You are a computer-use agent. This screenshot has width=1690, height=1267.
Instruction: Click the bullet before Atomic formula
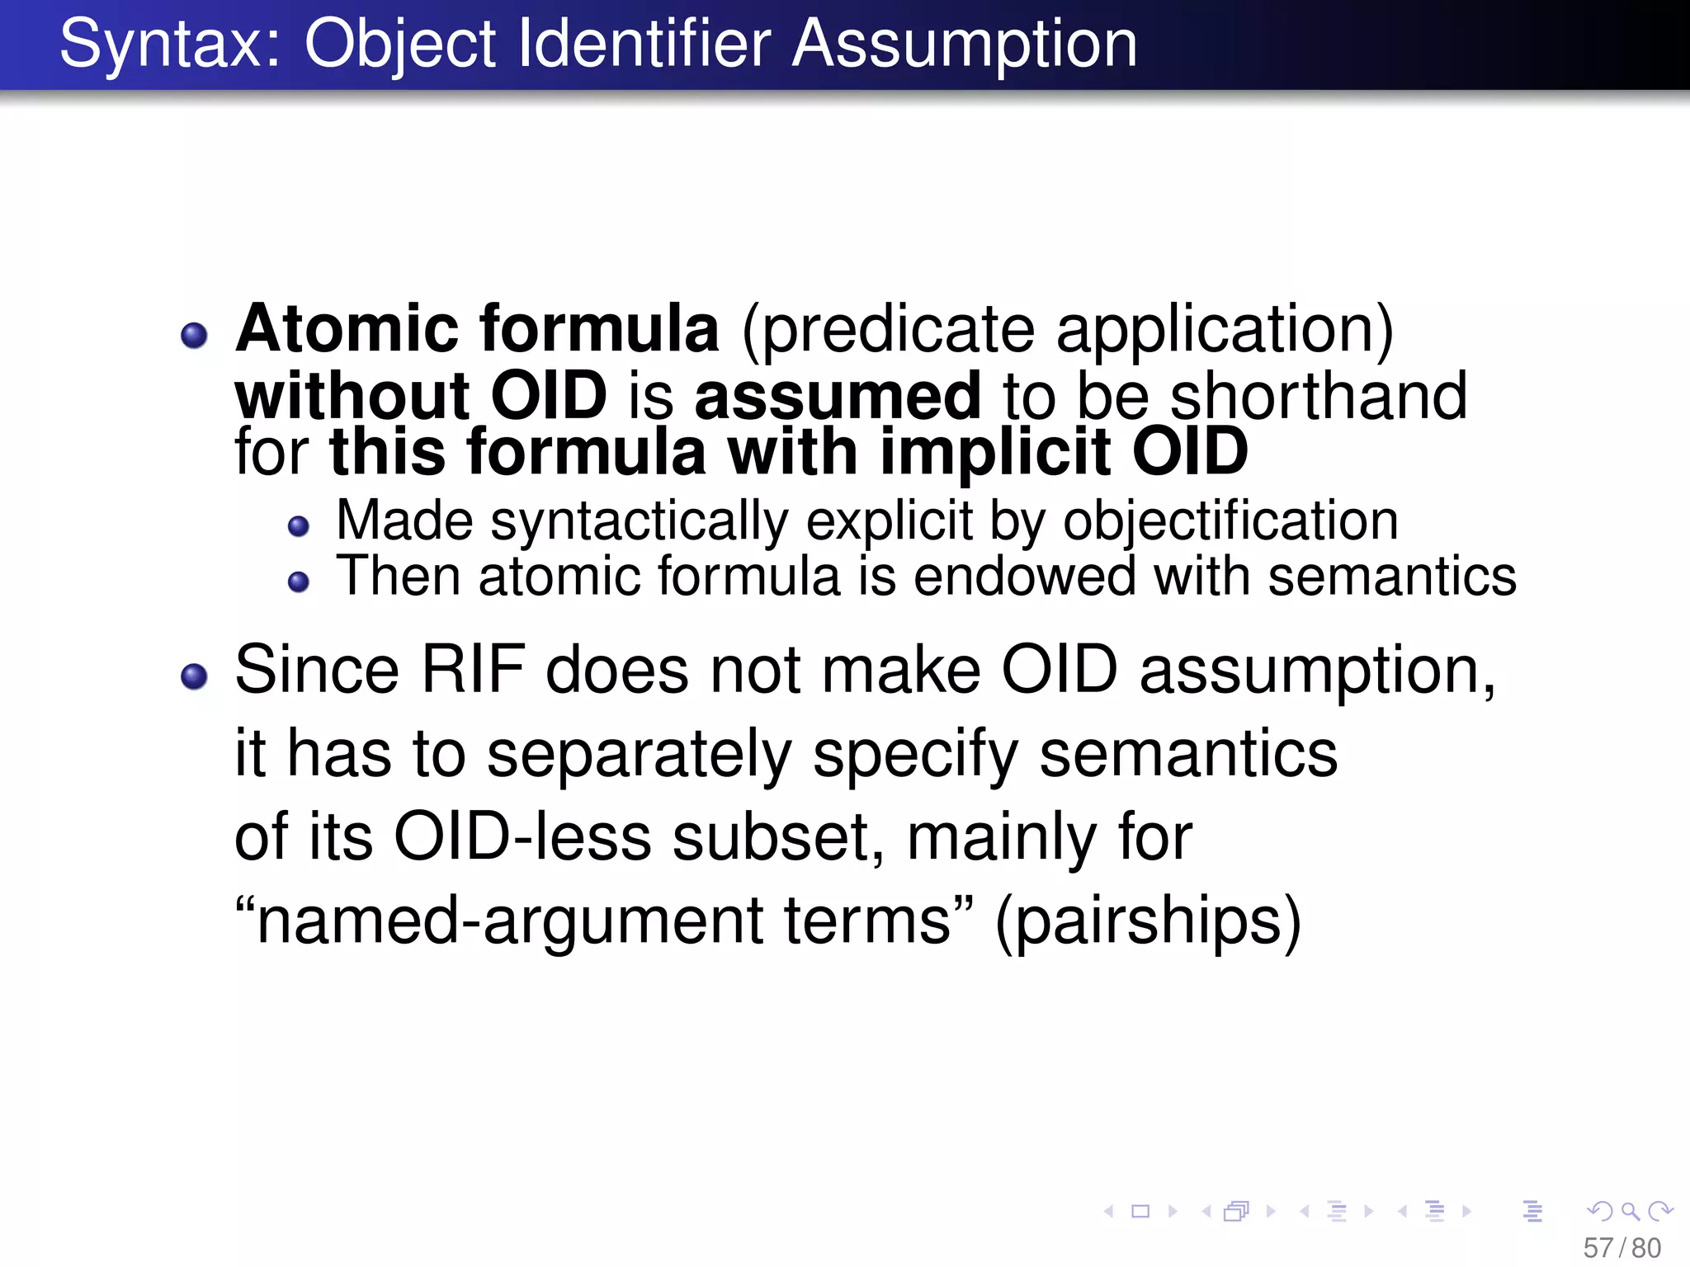click(x=194, y=335)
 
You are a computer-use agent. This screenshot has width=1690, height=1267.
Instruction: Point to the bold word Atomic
click(x=347, y=329)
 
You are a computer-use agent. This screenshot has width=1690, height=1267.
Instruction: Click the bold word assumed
click(x=838, y=396)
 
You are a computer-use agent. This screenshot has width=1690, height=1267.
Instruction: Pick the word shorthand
click(x=1318, y=396)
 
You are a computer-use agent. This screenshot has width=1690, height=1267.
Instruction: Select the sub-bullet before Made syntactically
click(x=298, y=525)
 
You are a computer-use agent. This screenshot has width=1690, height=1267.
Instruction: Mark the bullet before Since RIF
click(x=194, y=676)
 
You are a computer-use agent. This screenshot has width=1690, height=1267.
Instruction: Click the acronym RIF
click(x=472, y=670)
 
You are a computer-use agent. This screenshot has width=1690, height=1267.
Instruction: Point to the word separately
click(x=639, y=754)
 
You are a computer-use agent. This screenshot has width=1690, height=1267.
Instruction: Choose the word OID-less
click(x=522, y=837)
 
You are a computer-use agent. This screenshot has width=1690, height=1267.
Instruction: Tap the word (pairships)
click(x=1148, y=921)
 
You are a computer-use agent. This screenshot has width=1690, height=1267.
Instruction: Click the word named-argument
click(x=507, y=921)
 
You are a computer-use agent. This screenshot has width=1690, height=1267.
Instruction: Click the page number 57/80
click(x=1622, y=1248)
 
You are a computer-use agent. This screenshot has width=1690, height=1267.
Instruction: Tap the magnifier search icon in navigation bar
click(x=1630, y=1211)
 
